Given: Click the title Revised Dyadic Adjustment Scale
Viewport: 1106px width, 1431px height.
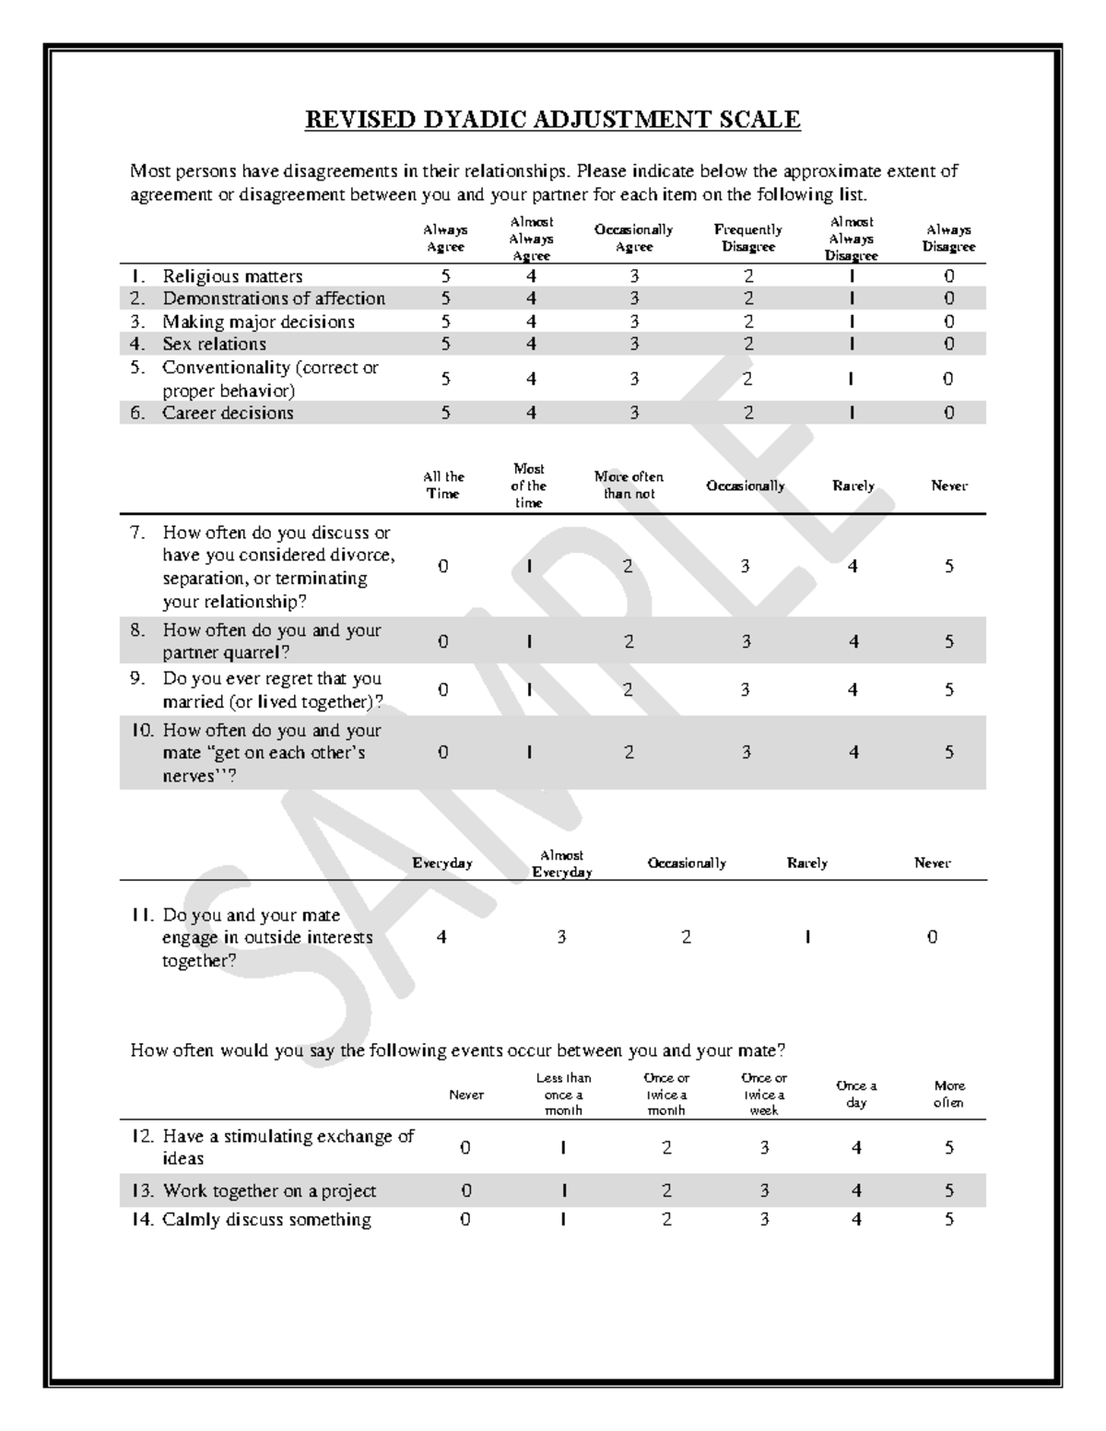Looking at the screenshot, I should (552, 120).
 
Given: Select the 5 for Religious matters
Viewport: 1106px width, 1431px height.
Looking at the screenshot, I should (445, 276).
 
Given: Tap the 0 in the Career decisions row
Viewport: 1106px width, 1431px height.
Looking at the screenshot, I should (948, 413).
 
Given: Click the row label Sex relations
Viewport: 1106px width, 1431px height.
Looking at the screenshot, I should (214, 344).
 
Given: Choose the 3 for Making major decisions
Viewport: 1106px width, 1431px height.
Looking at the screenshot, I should (634, 322).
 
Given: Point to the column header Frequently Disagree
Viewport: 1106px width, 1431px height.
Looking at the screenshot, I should (747, 238).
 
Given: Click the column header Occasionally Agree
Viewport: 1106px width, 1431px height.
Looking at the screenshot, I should (633, 238).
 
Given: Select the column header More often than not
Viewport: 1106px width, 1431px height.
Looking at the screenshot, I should (629, 485).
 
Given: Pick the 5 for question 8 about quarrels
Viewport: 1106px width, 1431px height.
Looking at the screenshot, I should (948, 641).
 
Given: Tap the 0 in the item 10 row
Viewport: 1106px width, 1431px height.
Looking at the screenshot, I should (443, 752).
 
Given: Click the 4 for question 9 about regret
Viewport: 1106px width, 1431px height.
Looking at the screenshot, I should (853, 689).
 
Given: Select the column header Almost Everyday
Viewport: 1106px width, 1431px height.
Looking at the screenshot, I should (561, 863).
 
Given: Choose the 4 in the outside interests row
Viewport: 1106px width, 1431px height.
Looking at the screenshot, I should (442, 936).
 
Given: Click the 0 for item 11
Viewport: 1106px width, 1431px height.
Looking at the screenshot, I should (932, 936).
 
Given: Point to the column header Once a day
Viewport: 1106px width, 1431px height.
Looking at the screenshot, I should (856, 1094).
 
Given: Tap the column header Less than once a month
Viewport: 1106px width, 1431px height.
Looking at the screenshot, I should (563, 1094).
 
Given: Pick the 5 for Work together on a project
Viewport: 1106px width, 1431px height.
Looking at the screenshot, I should (948, 1191).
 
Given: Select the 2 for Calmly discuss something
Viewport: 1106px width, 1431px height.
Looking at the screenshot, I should (666, 1219).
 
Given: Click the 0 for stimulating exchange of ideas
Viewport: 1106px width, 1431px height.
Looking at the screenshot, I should (465, 1147).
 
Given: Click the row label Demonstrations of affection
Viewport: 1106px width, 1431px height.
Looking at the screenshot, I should (274, 299).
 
